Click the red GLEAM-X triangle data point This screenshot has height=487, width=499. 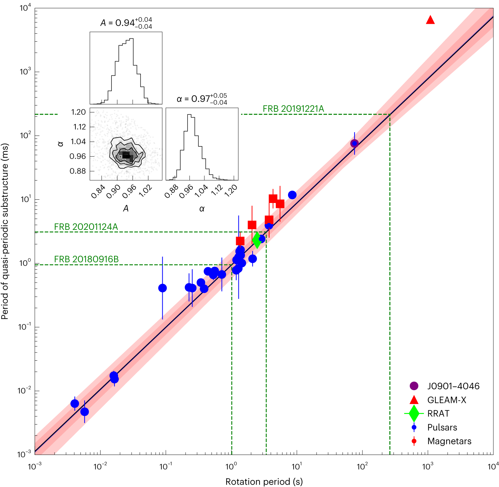coord(430,20)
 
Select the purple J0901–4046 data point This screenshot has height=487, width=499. coord(354,143)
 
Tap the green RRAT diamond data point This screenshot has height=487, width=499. coord(257,240)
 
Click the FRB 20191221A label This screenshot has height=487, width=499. coord(293,109)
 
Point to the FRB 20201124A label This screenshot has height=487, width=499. coord(86,227)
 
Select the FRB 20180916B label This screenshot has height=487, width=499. coord(86,259)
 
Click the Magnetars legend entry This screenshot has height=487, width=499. coord(449,441)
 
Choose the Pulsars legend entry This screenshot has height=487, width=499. coord(442,427)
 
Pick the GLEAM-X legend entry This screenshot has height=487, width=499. coord(446,400)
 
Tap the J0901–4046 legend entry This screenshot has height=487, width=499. coord(453,386)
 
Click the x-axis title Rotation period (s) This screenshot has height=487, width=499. coord(264,482)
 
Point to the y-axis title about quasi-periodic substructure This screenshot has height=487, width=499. coord(5,231)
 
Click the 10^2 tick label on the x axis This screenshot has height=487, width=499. coord(362,467)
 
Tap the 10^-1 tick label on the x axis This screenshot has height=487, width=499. coord(165,467)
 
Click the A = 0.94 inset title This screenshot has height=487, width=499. coord(126,23)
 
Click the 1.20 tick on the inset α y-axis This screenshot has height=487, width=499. coord(78,112)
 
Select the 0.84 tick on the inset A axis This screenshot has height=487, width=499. coord(98,192)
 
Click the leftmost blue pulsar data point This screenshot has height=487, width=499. coord(75,404)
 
